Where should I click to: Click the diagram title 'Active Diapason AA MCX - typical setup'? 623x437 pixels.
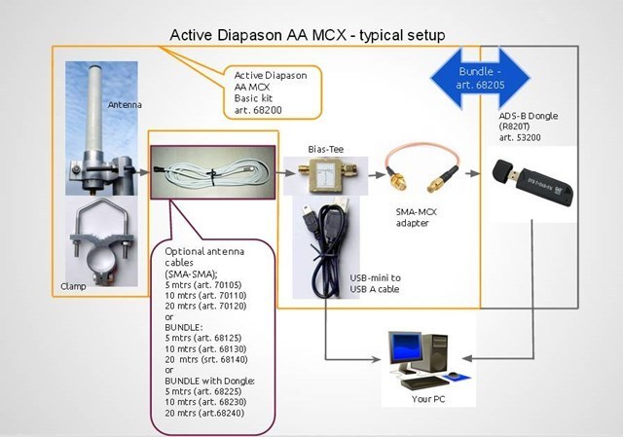pos(307,35)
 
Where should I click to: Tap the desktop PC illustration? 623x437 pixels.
pos(420,355)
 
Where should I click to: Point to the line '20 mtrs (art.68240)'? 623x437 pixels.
pos(204,414)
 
